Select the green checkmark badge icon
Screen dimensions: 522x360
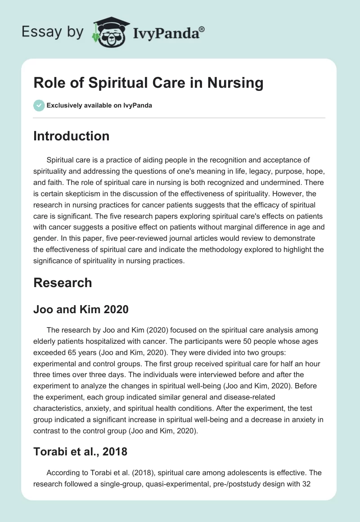39,105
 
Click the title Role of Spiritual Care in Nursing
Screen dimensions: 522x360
148,83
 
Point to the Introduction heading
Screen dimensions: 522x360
71,136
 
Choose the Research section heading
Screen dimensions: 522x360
63,283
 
